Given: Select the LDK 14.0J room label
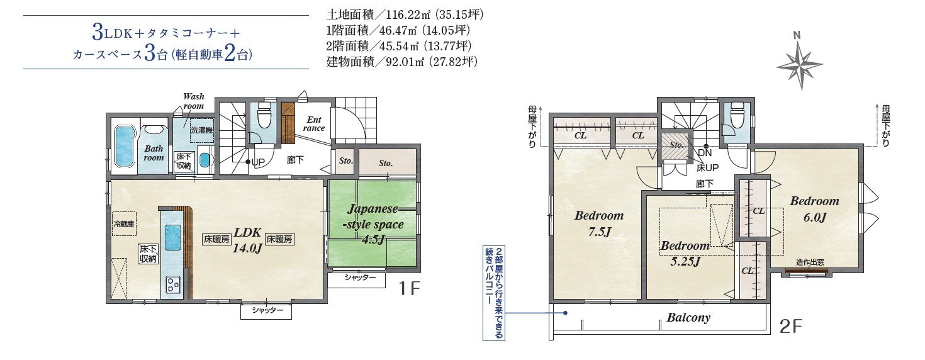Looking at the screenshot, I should pyautogui.click(x=248, y=239).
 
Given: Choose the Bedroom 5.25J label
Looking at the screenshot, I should pyautogui.click(x=685, y=253).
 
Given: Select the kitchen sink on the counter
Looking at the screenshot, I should pyautogui.click(x=173, y=237).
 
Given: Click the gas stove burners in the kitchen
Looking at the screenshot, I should pyautogui.click(x=173, y=284).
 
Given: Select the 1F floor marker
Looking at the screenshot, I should pyautogui.click(x=409, y=290).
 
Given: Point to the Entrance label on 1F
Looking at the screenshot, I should pyautogui.click(x=313, y=123).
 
